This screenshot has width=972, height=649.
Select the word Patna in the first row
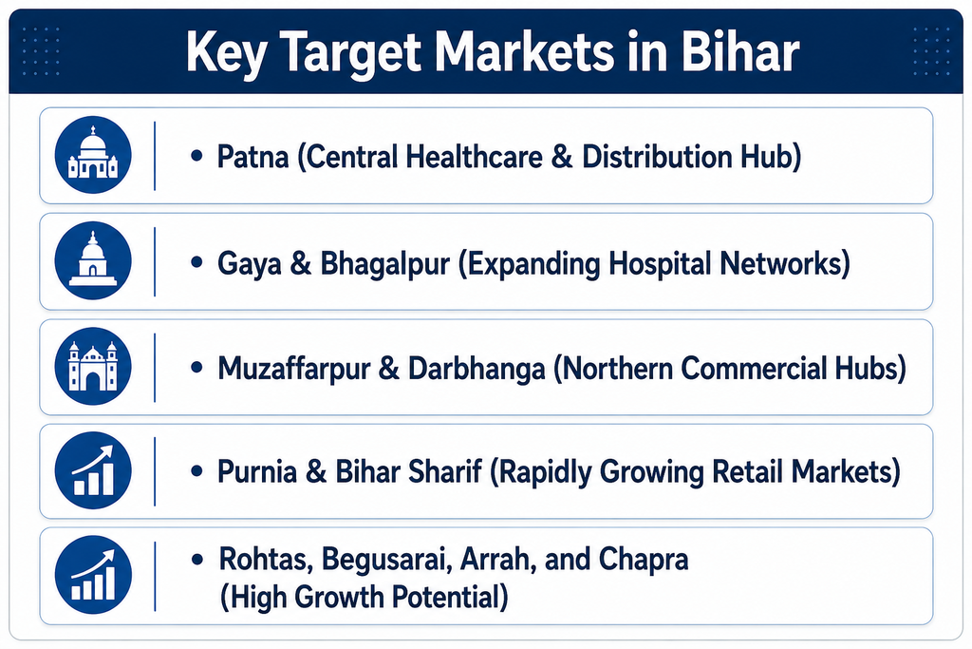pos(252,157)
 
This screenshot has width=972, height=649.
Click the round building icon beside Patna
pos(93,155)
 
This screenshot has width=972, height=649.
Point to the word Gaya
pos(248,265)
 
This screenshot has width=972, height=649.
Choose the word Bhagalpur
pos(384,265)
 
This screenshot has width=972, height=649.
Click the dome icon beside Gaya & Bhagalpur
pos(93,260)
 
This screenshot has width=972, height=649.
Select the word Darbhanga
pos(477,370)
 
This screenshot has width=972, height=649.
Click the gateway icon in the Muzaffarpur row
pos(93,366)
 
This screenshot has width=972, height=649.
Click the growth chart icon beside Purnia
pos(93,470)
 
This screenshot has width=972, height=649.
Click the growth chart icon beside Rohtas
pos(93,575)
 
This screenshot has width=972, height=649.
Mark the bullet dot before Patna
pos(197,156)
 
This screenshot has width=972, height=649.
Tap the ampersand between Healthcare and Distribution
pos(562,157)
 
